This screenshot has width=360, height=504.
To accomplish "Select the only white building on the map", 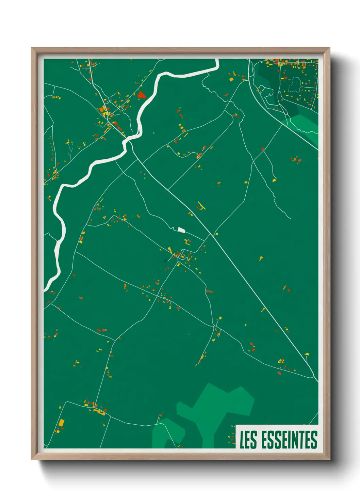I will point(181,230).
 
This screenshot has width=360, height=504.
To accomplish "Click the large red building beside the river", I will point(141,95).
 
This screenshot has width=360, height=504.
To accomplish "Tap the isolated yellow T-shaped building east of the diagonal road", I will point(261,258).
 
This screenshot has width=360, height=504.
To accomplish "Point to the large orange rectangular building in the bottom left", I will point(62,423).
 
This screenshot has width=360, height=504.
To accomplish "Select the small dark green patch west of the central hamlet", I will point(166,261).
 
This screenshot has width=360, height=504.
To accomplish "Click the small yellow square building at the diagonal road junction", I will point(215,234).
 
